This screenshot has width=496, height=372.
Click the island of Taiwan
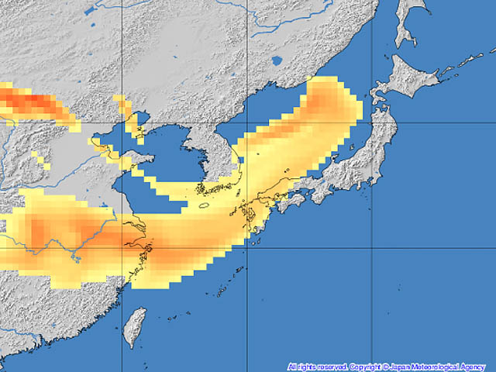coord(135,325)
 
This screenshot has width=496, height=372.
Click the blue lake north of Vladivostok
coord(277,61)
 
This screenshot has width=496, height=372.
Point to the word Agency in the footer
coord(475,367)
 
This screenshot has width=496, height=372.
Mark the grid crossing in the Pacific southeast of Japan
coord(371,249)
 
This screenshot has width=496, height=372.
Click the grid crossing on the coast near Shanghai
coord(122,249)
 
